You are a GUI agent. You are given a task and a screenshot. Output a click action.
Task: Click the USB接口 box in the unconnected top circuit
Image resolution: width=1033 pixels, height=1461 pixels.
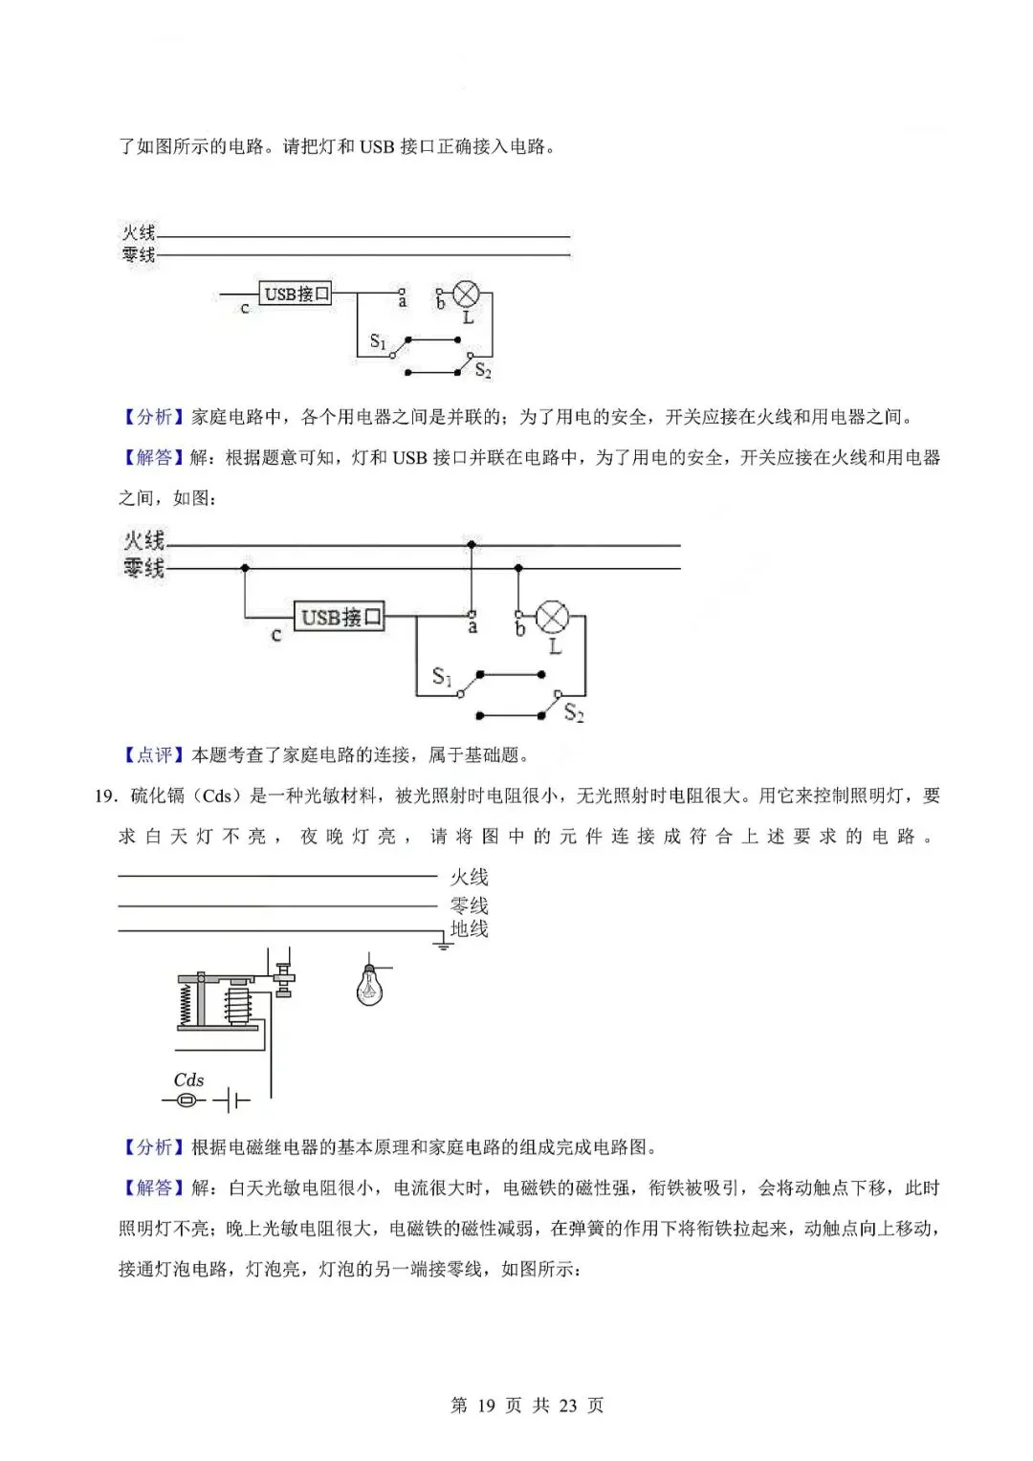click(x=297, y=294)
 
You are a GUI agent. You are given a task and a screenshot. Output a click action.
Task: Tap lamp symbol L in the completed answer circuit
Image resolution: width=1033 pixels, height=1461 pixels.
click(x=552, y=618)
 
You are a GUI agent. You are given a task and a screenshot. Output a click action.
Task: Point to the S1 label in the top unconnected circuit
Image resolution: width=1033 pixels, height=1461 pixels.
click(x=378, y=341)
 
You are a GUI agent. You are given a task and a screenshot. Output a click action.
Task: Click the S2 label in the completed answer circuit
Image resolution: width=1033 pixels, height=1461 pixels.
click(x=574, y=712)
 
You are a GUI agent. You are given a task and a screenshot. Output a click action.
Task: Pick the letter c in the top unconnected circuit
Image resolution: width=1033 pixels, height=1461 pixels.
click(x=245, y=309)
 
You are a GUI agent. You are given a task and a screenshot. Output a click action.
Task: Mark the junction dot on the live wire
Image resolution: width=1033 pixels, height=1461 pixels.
click(x=471, y=545)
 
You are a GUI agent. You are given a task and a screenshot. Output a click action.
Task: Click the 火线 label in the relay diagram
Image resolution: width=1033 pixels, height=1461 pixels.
click(x=469, y=877)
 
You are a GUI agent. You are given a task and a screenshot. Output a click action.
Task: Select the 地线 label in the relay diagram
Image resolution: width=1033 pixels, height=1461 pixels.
click(x=469, y=928)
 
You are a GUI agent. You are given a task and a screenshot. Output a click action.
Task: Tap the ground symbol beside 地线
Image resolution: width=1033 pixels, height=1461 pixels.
click(x=442, y=945)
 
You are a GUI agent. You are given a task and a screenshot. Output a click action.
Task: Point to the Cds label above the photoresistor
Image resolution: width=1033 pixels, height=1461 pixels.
click(x=188, y=1079)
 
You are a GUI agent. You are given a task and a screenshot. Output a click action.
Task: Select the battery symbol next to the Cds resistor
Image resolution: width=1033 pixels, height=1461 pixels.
click(x=231, y=1101)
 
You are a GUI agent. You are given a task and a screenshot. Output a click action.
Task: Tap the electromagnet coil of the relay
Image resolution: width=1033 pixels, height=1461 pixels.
click(x=239, y=1006)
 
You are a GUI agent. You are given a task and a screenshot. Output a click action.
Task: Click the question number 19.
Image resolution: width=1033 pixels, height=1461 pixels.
click(x=105, y=796)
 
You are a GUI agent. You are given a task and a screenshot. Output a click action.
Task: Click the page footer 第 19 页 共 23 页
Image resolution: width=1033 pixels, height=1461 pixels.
click(x=527, y=1405)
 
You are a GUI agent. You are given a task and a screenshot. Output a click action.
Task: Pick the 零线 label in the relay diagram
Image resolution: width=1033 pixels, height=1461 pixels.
click(x=469, y=904)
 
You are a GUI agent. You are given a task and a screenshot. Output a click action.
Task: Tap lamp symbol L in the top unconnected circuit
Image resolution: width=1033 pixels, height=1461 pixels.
click(x=466, y=293)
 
